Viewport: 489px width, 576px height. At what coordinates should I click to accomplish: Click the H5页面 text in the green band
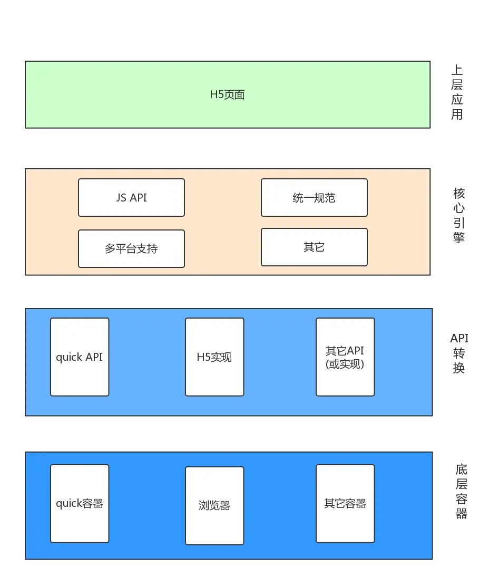pos(227,95)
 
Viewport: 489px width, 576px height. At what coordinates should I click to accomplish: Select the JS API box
pos(131,198)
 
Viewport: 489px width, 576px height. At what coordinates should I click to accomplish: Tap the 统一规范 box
pos(314,198)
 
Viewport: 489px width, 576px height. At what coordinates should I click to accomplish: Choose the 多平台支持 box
pos(131,248)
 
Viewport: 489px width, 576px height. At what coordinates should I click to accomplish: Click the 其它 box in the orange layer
pos(314,247)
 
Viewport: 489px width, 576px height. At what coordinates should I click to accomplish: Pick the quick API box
pos(80,357)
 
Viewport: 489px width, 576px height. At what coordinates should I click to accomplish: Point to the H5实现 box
pos(214,357)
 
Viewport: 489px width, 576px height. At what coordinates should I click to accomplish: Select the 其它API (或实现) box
pos(345,357)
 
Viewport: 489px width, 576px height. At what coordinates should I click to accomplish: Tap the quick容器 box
pos(80,503)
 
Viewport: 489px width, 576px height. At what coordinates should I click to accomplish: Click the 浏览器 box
pos(214,505)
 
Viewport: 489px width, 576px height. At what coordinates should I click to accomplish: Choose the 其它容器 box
pos(345,503)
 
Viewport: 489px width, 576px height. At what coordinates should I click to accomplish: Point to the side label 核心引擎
pos(459,216)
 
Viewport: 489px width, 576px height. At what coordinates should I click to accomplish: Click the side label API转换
pos(459,354)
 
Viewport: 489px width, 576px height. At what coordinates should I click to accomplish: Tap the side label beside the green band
pos(458,94)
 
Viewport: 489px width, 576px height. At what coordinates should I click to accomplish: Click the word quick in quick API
pos(69,357)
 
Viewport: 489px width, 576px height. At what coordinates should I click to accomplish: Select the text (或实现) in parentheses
pos(345,363)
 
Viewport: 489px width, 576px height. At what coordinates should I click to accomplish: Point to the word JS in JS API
pos(121,198)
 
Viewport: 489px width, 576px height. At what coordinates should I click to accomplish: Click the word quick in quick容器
pos(69,503)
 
